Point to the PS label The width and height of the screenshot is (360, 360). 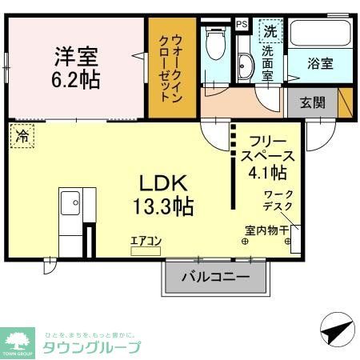tap(242, 24)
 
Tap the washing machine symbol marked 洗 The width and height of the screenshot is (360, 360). tap(270, 32)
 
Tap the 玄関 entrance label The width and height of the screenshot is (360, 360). tap(312, 103)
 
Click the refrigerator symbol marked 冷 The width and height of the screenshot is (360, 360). tap(22, 136)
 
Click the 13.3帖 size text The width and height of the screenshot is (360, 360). tap(164, 206)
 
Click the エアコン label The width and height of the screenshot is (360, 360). tap(146, 239)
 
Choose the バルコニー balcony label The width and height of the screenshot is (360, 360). tap(214, 278)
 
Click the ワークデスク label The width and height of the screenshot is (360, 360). tap(278, 200)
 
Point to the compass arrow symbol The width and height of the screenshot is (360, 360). tap(335, 329)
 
